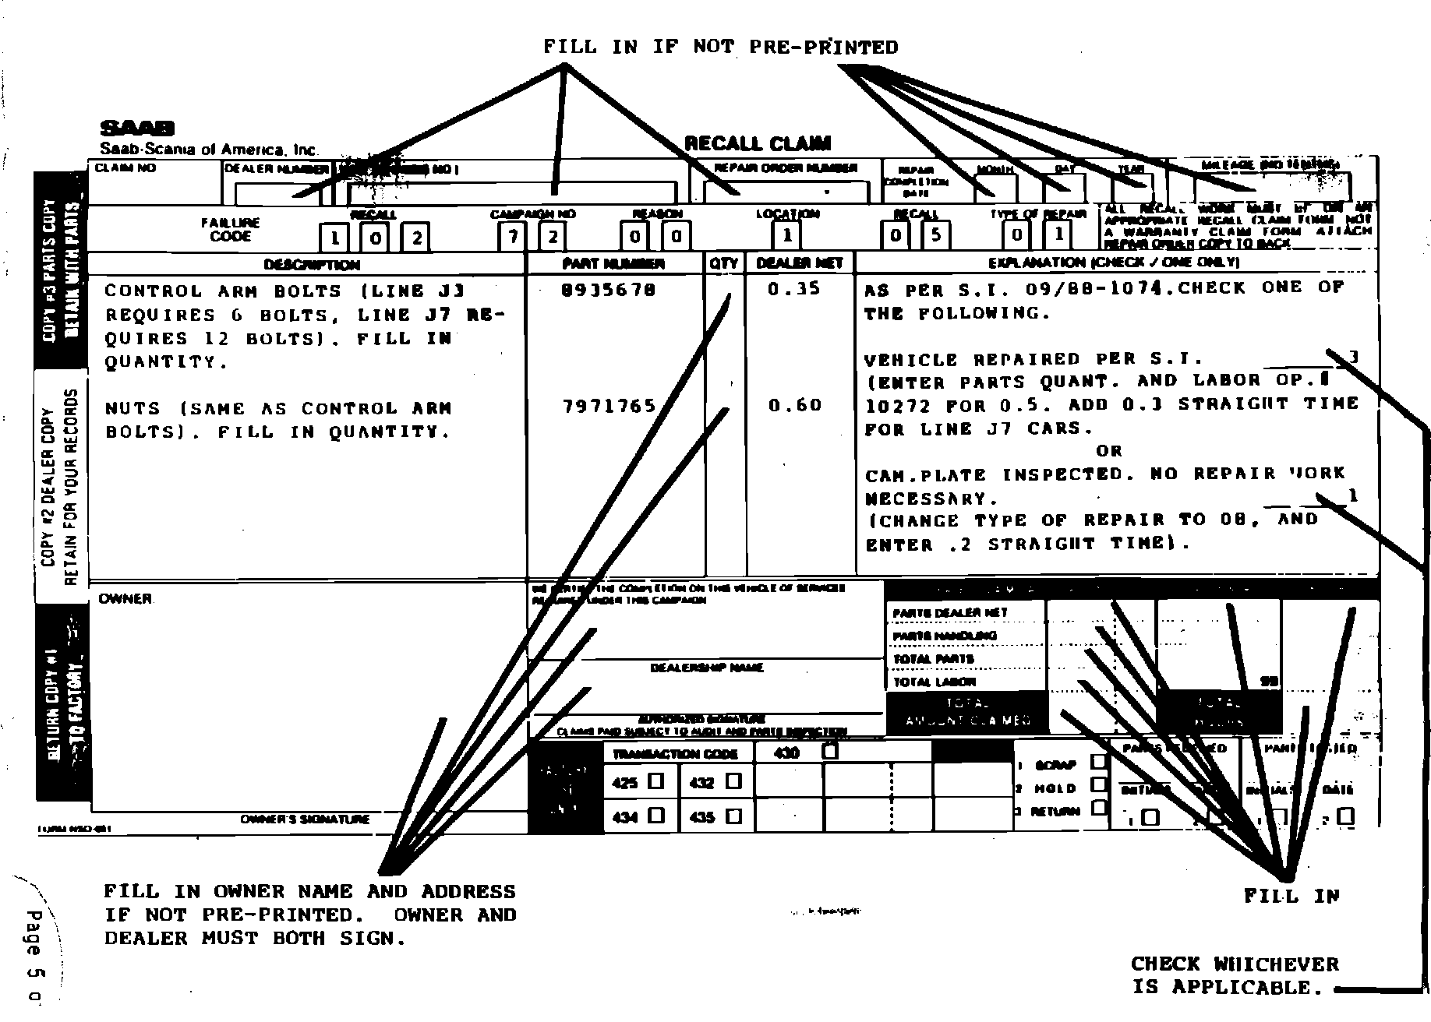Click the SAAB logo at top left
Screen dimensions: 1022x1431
tap(137, 129)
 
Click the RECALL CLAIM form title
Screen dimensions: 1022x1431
tap(757, 143)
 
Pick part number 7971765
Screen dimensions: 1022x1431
tap(609, 406)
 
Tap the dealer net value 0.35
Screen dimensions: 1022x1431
tap(793, 289)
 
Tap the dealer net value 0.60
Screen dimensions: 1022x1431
tap(794, 405)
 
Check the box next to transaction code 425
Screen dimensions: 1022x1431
tap(656, 781)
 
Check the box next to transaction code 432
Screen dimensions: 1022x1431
tap(733, 781)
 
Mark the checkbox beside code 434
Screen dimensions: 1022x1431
tap(656, 816)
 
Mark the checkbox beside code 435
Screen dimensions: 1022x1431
tap(733, 816)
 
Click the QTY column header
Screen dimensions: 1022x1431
tap(724, 263)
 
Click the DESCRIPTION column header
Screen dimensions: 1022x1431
tap(312, 265)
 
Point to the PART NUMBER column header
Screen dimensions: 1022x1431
tap(613, 264)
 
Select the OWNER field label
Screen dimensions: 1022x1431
tap(125, 599)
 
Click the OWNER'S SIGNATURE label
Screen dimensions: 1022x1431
tap(305, 819)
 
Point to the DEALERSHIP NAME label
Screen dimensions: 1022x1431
tap(707, 668)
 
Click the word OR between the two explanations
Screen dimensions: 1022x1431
tap(1108, 451)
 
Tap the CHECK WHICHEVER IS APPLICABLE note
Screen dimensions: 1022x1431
tap(1234, 976)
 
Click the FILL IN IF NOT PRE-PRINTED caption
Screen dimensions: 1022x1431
tap(720, 48)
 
